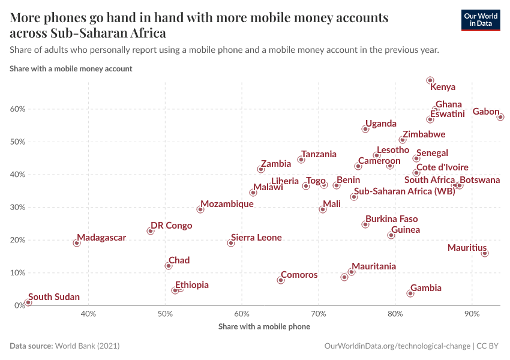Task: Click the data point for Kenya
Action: tap(430, 80)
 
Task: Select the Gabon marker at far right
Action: tap(500, 117)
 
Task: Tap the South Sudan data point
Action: tap(28, 302)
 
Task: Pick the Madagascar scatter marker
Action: tap(77, 243)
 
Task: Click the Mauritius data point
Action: tap(485, 253)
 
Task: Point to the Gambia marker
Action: tap(410, 293)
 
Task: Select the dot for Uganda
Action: tap(365, 129)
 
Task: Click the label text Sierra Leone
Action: tap(256, 238)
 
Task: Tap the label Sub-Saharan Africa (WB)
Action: tap(404, 191)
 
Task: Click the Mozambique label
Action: tap(227, 204)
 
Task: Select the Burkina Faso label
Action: tap(391, 219)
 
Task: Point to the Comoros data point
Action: tap(281, 280)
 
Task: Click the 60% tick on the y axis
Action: tap(16, 109)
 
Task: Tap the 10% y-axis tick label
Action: tap(16, 273)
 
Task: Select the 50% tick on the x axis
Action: tap(166, 314)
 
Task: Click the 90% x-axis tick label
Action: tap(472, 314)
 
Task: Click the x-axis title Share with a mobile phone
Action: tap(264, 327)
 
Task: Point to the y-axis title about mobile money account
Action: tap(71, 68)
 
